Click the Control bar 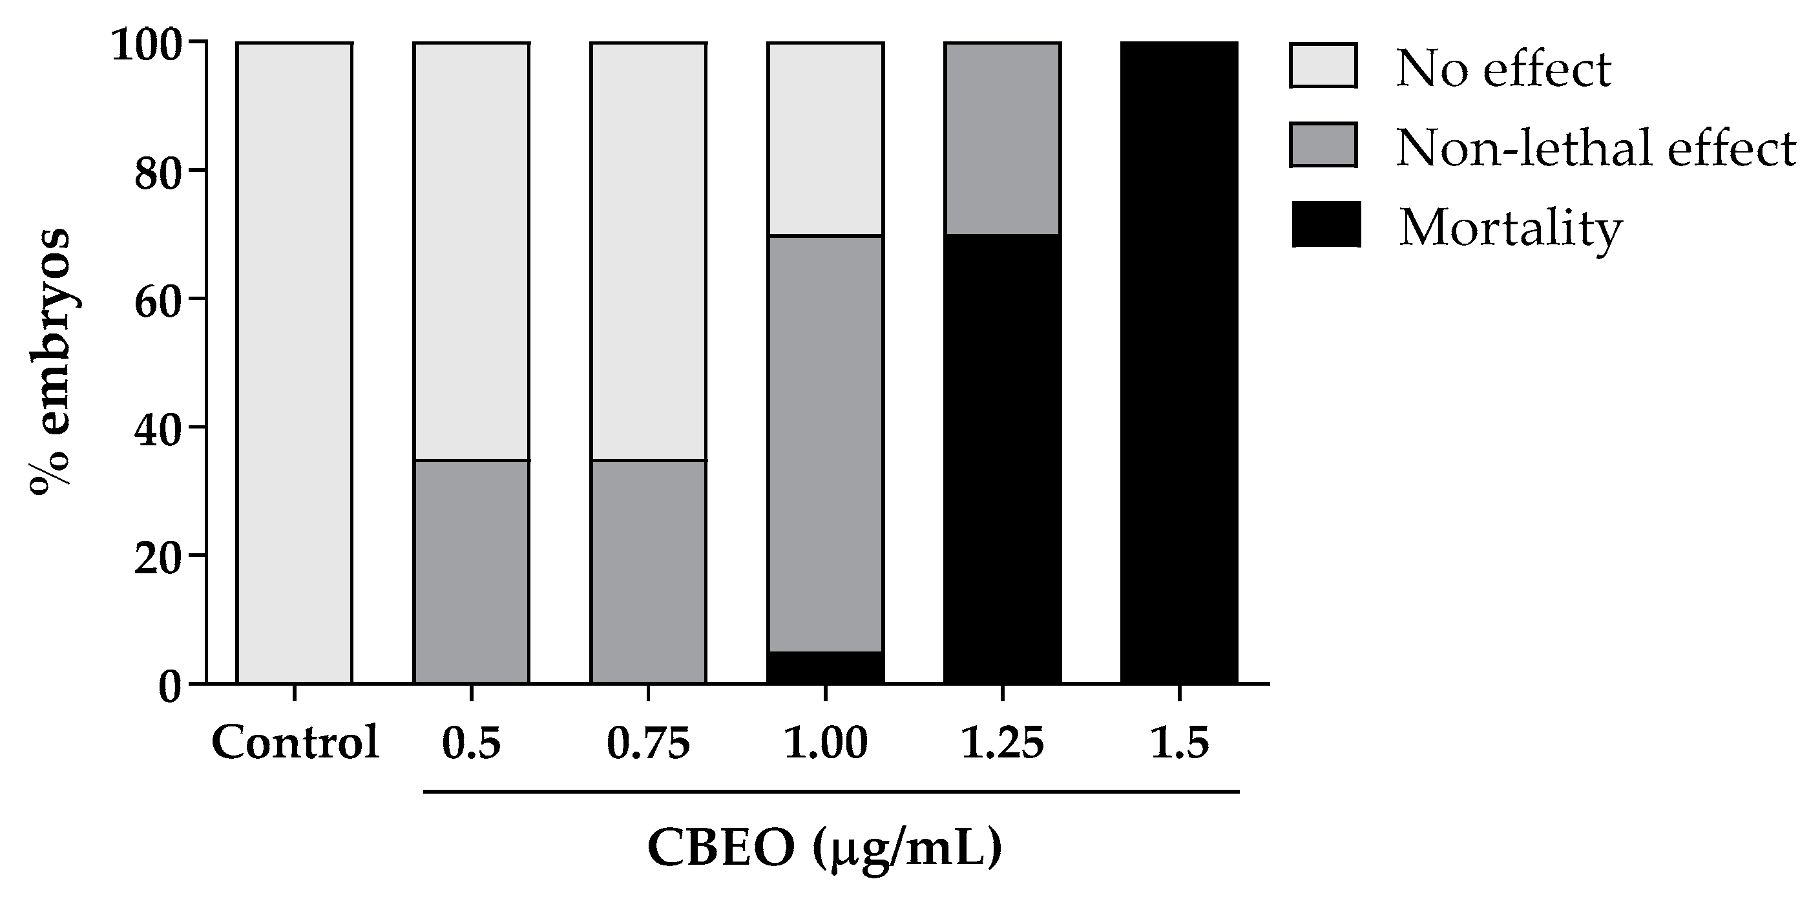pos(295,363)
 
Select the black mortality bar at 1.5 pos(1179,363)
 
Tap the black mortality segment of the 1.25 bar pos(1003,458)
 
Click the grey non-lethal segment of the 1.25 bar pos(1003,138)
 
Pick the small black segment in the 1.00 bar pos(825,667)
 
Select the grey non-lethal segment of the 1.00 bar pos(825,444)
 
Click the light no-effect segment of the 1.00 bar pos(825,138)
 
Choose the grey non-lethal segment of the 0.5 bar pos(471,571)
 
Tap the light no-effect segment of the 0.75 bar pos(649,251)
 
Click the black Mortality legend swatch pos(1326,225)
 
